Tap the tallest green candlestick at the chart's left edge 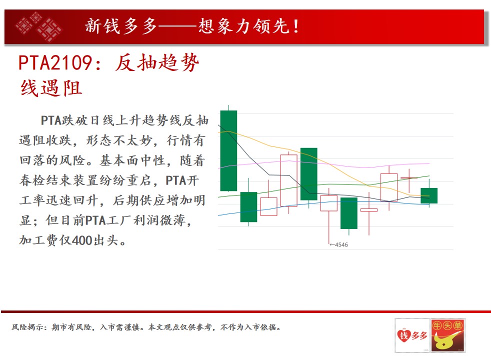pos(228,150)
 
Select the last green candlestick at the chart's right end pos(429,195)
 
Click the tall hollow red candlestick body pos(288,180)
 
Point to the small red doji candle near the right pos(409,178)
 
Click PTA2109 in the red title pos(55,62)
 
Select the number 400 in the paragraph pos(82,240)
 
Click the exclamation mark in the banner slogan pos(295,26)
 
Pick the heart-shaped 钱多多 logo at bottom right pos(412,335)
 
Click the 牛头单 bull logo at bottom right pos(448,335)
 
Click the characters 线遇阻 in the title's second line pos(51,88)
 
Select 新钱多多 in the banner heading pos(121,26)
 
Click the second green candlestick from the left pos(248,207)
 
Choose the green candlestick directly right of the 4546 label pos(349,213)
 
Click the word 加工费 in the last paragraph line pos(39,240)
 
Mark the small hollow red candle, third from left pos(268,206)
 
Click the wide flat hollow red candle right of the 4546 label pos(369,210)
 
